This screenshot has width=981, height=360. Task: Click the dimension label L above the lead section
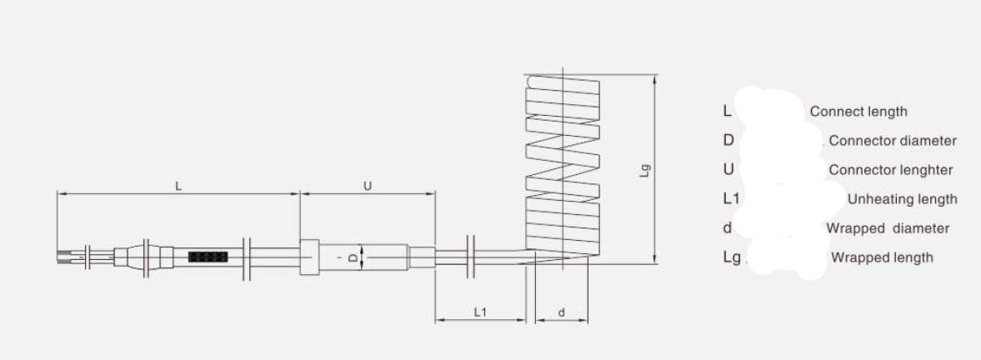(178, 186)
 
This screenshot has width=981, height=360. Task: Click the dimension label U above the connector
(368, 186)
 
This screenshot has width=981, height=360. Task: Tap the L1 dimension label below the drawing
(480, 312)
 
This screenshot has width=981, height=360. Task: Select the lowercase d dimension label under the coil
(561, 312)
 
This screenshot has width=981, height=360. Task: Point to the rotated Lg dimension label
(646, 171)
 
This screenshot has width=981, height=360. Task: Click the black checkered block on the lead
(207, 257)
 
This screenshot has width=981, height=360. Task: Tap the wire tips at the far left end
(64, 257)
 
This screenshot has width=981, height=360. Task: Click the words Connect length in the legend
(858, 112)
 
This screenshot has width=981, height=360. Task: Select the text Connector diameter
(893, 141)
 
